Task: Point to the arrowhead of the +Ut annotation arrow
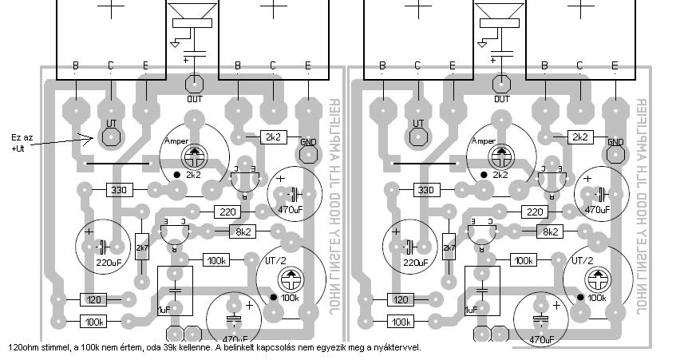pos(89,137)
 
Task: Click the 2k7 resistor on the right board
pos(450,249)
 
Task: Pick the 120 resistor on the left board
pos(93,299)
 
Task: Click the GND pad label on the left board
pos(307,141)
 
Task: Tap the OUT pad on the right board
pos(501,83)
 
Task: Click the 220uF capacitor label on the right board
pos(415,262)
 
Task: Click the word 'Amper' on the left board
pos(176,141)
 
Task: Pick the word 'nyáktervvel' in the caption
pos(397,347)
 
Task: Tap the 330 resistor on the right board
pos(427,190)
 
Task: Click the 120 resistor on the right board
pos(400,299)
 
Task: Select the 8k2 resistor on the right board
pos(549,231)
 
